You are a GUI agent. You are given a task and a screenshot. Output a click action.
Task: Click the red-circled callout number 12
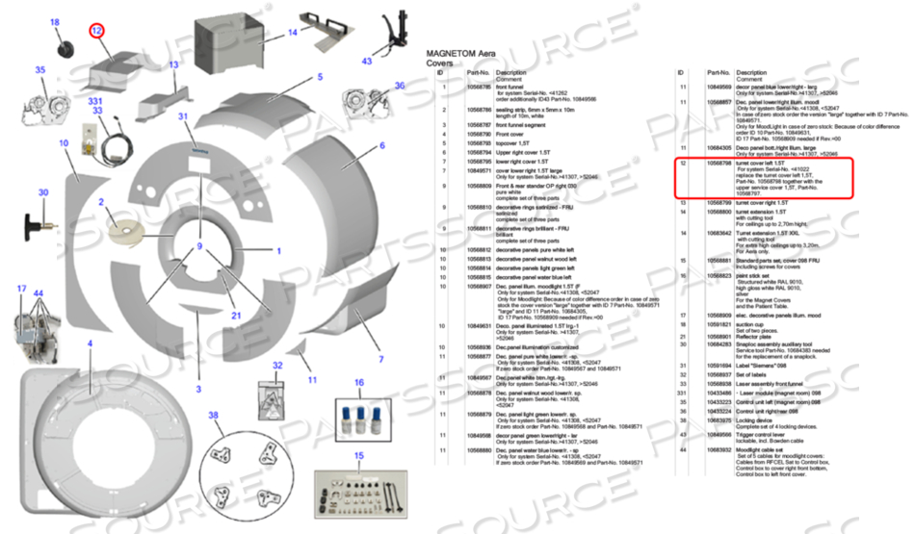click(97, 31)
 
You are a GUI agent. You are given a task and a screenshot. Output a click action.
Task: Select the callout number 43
click(367, 62)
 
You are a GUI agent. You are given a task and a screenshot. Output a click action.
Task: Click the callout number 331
click(94, 101)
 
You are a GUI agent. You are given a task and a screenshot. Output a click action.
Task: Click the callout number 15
click(359, 455)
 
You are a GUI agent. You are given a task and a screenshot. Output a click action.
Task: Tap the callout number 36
click(399, 86)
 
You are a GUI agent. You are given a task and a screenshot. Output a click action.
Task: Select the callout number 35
click(40, 69)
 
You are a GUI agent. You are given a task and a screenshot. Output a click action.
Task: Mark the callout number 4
click(91, 343)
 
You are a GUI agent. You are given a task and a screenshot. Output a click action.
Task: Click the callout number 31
click(182, 116)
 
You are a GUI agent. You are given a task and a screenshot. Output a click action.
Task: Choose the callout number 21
click(236, 315)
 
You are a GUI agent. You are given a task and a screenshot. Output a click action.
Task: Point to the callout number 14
click(292, 32)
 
